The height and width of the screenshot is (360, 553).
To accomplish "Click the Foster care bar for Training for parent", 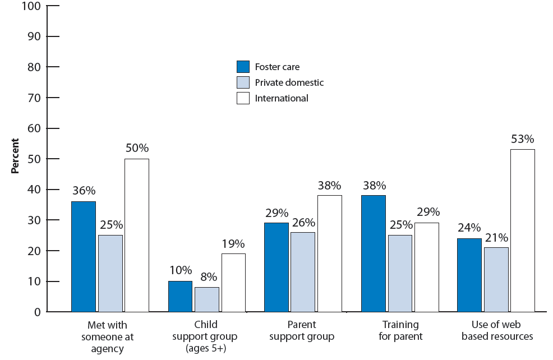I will pyautogui.click(x=374, y=253).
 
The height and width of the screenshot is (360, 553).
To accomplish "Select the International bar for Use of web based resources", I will pyautogui.click(x=522, y=230).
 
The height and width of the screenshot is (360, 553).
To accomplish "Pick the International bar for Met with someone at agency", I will pyautogui.click(x=136, y=235).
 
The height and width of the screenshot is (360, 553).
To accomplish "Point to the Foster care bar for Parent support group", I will pyautogui.click(x=276, y=267).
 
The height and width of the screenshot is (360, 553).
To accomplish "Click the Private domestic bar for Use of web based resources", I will pyautogui.click(x=496, y=279).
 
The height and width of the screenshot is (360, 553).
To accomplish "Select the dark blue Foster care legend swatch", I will pyautogui.click(x=243, y=67).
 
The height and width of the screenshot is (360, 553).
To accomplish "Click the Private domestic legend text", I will pyautogui.click(x=289, y=82).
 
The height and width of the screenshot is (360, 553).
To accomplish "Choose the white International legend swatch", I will pyautogui.click(x=243, y=98).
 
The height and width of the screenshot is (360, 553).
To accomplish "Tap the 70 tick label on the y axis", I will pyautogui.click(x=35, y=98).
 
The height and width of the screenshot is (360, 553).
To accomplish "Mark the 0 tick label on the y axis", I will pyautogui.click(x=38, y=312).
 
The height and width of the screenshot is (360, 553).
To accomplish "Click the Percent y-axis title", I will pyautogui.click(x=16, y=156).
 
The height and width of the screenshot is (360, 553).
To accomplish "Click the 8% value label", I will pyautogui.click(x=207, y=276).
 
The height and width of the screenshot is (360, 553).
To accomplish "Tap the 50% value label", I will pyautogui.click(x=136, y=149).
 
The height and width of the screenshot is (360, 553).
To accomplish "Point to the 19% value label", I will pyautogui.click(x=233, y=243).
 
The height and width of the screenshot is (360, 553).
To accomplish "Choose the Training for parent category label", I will pyautogui.click(x=400, y=331).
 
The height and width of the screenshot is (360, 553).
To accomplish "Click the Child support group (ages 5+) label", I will pyautogui.click(x=205, y=336).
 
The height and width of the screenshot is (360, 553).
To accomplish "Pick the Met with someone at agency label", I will pyautogui.click(x=107, y=336).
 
